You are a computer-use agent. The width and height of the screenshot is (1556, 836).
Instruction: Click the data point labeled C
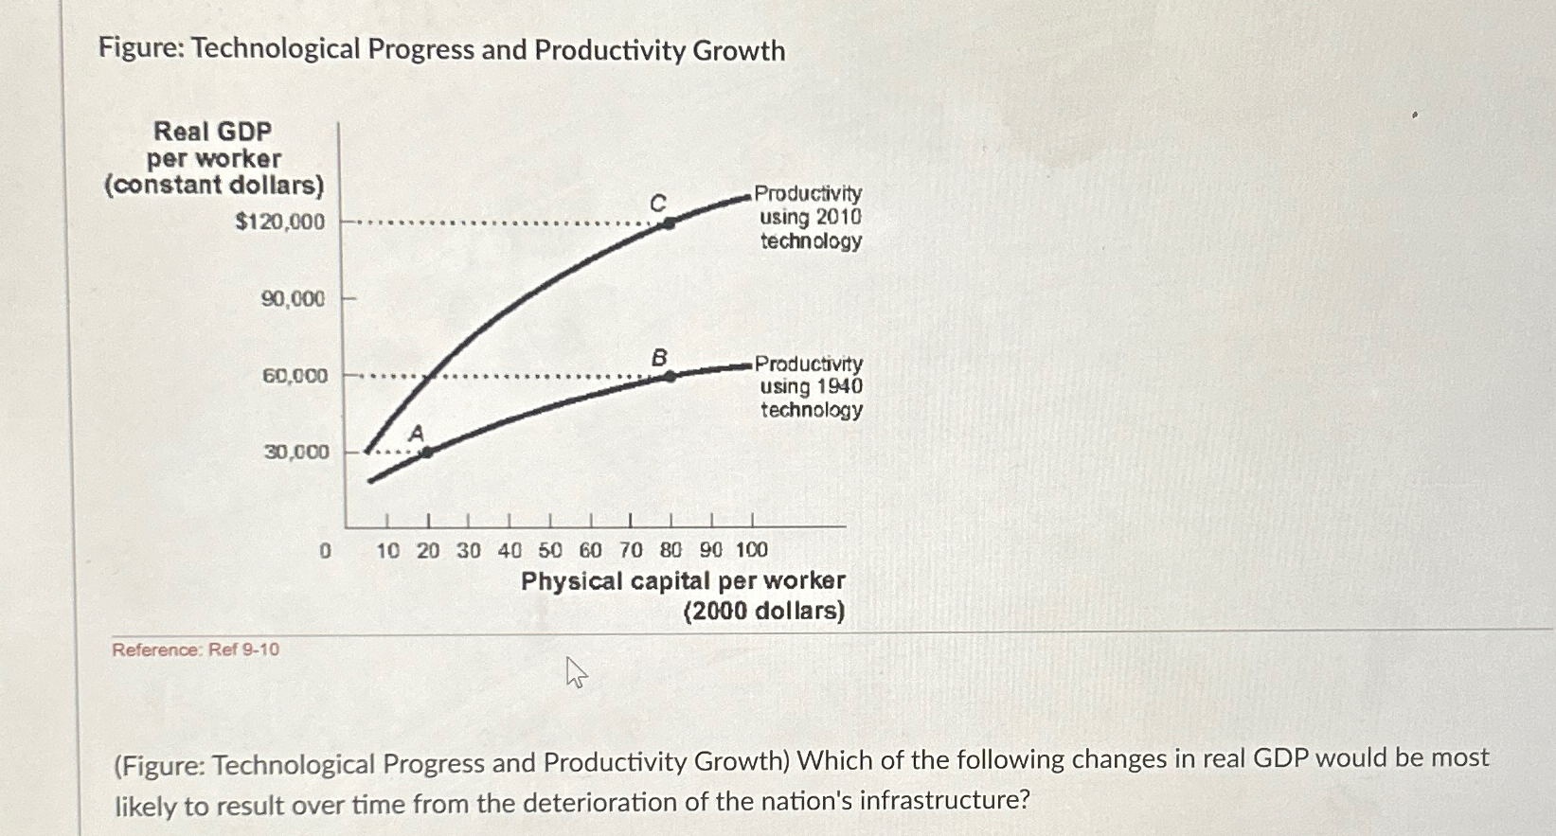pos(670,223)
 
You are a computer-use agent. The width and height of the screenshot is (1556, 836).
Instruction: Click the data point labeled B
pos(670,376)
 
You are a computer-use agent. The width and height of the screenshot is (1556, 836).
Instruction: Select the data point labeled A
pos(426,453)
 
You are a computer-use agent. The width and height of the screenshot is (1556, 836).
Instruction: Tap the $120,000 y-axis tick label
pos(279,222)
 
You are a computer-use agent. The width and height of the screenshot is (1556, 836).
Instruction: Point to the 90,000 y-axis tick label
pos(293,299)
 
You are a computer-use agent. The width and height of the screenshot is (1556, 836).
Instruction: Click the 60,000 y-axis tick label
pos(295,376)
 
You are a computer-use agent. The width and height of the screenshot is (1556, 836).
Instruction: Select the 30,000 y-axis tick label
pos(295,452)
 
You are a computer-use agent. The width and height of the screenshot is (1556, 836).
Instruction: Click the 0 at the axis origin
pos(325,550)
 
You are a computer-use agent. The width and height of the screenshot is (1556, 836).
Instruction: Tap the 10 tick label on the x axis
pos(387,550)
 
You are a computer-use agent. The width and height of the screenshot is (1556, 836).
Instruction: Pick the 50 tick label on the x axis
pos(550,550)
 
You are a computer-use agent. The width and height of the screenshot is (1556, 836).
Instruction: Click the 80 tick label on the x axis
pos(671,550)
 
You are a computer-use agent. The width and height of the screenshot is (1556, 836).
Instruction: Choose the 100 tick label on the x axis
pos(751,550)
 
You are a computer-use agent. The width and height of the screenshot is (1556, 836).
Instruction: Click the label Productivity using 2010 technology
pos(810,217)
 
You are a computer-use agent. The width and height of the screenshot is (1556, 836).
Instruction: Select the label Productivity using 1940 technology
pos(811,386)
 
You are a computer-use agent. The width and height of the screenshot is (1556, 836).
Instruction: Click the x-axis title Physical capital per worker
pos(683,580)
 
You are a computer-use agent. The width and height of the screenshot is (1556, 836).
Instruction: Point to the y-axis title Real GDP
pos(213,131)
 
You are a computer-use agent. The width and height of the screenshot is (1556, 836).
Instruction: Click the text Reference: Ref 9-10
pos(195,649)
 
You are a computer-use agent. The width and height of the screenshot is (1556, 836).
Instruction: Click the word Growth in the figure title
pos(739,50)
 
